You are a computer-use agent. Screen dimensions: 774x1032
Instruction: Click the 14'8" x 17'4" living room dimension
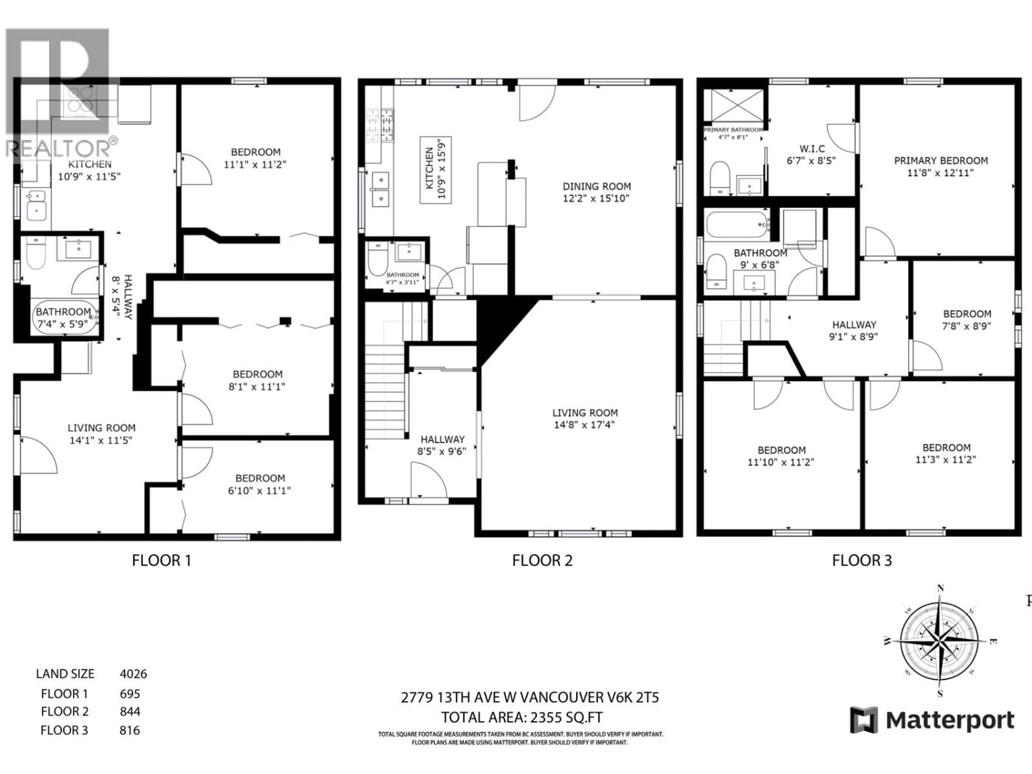[585, 425]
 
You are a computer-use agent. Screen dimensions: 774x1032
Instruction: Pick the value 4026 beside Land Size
[133, 674]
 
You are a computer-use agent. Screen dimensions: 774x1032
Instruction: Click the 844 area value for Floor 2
[130, 711]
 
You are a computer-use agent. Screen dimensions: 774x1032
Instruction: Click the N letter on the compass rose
[941, 589]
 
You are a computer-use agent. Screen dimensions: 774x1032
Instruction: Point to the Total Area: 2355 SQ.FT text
[522, 717]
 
